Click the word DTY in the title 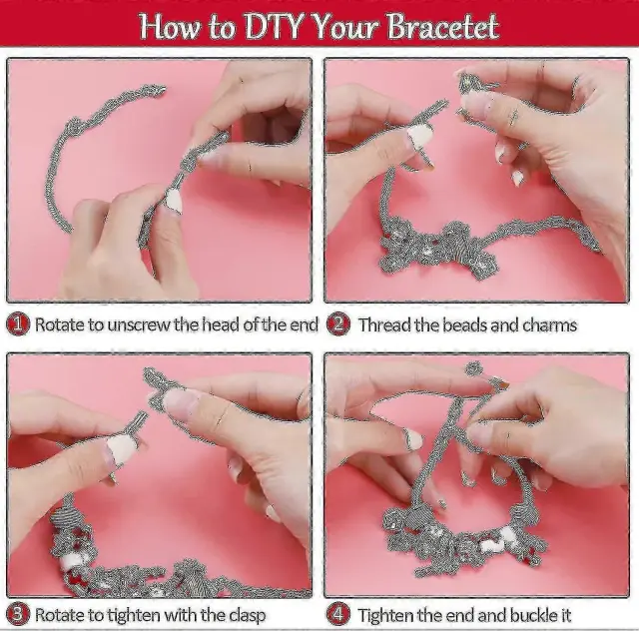[x=273, y=27]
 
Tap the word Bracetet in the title [x=442, y=27]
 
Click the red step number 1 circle [x=18, y=324]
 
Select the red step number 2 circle [x=338, y=324]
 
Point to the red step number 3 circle [x=18, y=614]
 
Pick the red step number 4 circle [x=338, y=614]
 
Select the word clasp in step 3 [x=247, y=616]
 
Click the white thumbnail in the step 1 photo [x=174, y=202]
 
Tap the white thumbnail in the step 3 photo [x=120, y=449]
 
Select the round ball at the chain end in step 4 [x=473, y=368]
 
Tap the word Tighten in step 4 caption [x=385, y=615]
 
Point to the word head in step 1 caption [x=222, y=325]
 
